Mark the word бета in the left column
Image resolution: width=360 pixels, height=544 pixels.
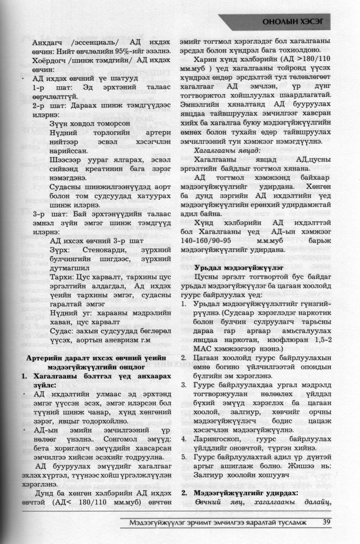40,443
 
